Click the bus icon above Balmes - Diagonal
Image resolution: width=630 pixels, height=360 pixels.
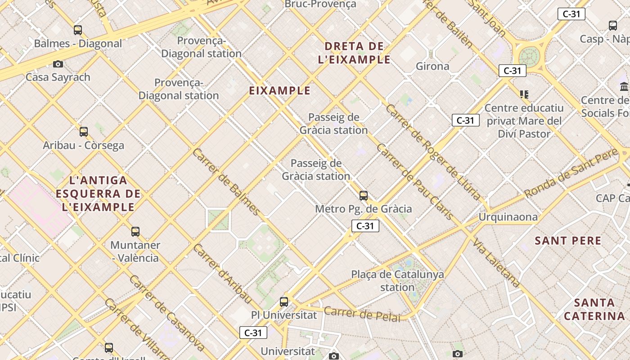pos(78,30)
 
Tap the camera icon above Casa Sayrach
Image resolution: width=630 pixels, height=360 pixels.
pos(58,64)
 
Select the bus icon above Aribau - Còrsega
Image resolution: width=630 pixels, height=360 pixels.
pos(84,132)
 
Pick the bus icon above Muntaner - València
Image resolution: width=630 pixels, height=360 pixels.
pos(135,232)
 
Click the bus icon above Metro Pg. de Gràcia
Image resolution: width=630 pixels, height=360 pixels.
pos(364,196)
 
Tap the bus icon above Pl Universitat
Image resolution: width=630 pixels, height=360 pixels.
pos(284,301)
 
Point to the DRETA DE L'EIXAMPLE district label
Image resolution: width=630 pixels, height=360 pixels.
pos(354,53)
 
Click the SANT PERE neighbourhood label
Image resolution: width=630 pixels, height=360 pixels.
pos(568,241)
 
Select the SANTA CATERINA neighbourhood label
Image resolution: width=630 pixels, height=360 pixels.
pos(595,309)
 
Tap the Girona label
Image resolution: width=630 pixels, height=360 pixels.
pos(432,66)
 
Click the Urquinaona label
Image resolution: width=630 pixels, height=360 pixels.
pos(508,217)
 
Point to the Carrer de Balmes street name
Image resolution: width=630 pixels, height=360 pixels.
pos(226,181)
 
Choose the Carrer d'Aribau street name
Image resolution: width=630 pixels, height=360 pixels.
pos(222,273)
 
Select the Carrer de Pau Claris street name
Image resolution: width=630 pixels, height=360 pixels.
pos(414,181)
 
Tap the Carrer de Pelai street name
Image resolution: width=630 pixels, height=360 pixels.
pos(362,314)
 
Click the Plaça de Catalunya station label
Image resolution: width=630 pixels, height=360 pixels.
pos(397,280)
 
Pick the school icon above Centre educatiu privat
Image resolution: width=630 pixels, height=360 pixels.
pos(524,94)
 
